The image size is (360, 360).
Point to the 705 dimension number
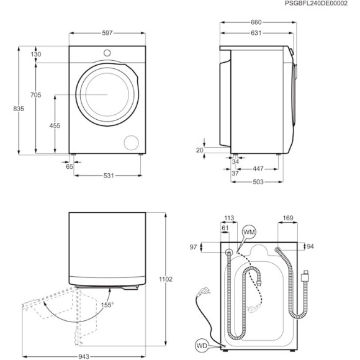click(x=36, y=94)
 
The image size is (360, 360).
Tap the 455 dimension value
click(x=55, y=125)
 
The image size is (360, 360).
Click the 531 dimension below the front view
click(x=109, y=176)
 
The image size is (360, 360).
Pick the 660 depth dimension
click(x=256, y=22)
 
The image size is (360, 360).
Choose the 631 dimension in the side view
click(x=256, y=33)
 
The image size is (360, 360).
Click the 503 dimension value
click(x=259, y=181)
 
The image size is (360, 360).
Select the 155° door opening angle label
click(x=107, y=305)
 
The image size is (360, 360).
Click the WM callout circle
click(x=248, y=232)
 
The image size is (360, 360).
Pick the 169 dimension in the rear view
click(x=287, y=218)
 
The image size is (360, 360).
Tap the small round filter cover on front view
click(x=132, y=142)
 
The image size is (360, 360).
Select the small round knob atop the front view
click(x=107, y=53)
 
